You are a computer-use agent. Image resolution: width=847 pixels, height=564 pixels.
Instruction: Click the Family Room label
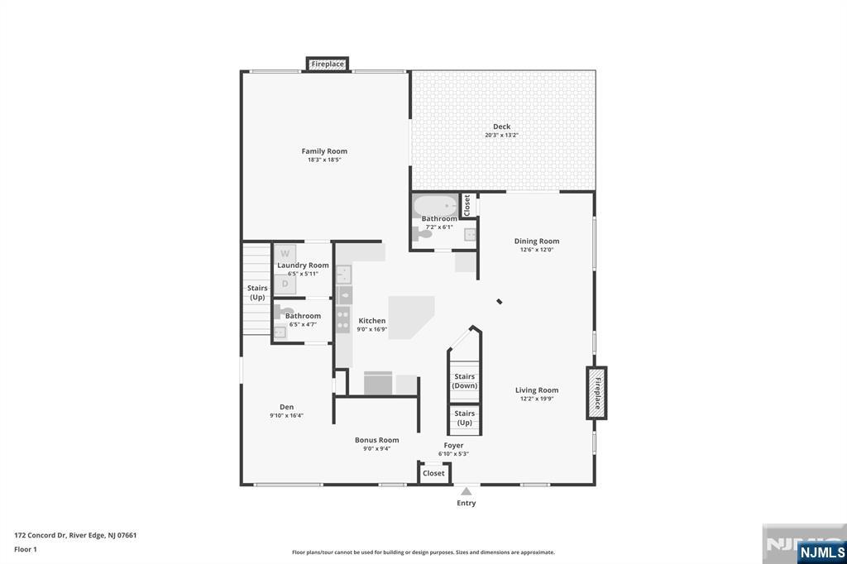(x=324, y=151)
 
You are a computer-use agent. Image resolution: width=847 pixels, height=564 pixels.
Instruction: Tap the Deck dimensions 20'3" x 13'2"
(x=501, y=135)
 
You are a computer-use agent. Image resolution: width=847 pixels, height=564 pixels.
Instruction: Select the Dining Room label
(x=536, y=241)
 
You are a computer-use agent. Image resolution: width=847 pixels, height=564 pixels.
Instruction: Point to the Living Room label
(x=536, y=390)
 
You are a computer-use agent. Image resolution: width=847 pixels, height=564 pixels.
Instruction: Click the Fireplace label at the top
(x=328, y=64)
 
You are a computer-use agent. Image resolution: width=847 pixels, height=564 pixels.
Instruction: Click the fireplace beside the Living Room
(x=596, y=393)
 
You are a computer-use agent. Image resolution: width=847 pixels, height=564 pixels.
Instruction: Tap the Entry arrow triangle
(x=467, y=491)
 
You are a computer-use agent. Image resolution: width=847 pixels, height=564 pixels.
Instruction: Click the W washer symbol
(x=285, y=254)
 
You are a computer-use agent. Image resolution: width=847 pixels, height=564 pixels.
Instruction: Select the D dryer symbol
(x=285, y=284)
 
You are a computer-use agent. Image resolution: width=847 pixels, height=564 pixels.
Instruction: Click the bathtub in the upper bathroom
(x=435, y=206)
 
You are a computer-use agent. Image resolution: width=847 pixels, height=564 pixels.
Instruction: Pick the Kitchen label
(x=371, y=321)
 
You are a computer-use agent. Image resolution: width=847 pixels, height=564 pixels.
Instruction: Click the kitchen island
(x=411, y=318)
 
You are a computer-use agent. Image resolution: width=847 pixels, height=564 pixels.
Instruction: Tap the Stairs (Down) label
(x=465, y=381)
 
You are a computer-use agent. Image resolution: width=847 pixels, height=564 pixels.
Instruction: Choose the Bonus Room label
(x=376, y=440)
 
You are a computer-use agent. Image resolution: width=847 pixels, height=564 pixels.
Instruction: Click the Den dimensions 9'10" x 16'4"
(x=286, y=415)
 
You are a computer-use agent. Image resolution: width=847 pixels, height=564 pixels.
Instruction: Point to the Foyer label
(x=453, y=445)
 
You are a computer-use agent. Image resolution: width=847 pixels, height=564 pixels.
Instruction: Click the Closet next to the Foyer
(x=433, y=473)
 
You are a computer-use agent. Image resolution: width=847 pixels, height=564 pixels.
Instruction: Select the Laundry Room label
(x=303, y=265)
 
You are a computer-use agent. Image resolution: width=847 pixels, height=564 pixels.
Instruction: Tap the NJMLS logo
(x=821, y=552)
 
